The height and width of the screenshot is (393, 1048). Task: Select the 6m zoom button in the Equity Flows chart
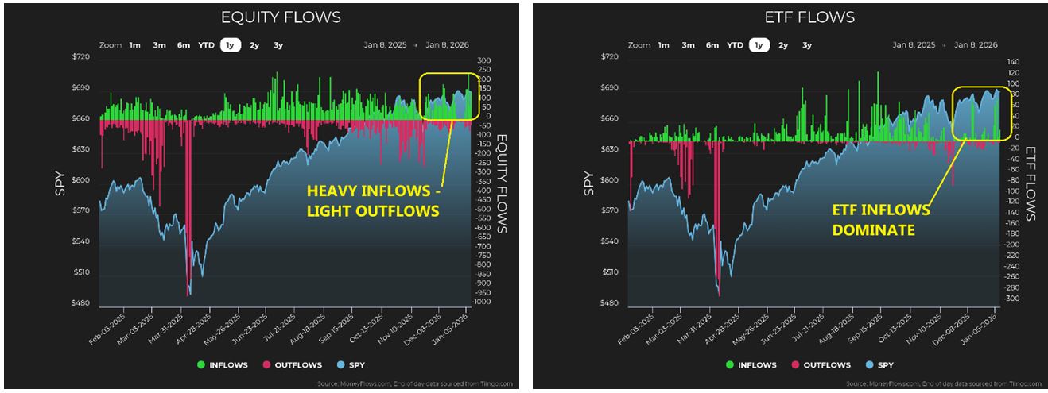point(183,45)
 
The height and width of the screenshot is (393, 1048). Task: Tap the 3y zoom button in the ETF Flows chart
point(806,45)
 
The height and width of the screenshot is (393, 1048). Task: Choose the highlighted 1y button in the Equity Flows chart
point(231,45)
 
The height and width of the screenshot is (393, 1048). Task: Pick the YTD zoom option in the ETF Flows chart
point(735,45)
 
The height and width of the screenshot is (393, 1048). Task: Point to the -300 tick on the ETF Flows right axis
point(1009,299)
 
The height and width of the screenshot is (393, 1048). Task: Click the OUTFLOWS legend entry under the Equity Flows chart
point(293,365)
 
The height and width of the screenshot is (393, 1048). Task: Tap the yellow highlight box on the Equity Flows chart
point(448,97)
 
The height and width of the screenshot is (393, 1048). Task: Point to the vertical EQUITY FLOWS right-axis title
point(503,183)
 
